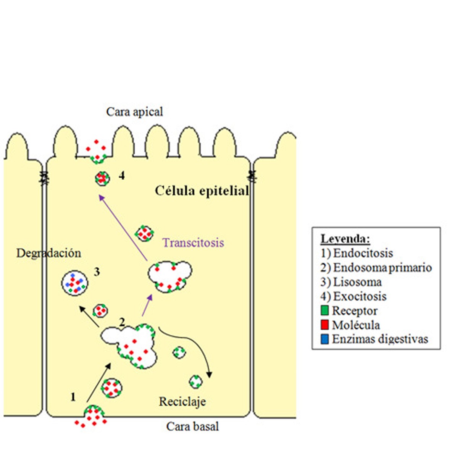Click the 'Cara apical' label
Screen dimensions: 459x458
[x=134, y=112]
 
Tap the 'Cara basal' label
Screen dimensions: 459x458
[x=192, y=427]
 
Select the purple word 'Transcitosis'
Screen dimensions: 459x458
[x=193, y=243]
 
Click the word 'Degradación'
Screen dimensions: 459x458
[x=48, y=253]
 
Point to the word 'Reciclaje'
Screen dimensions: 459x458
[x=182, y=402]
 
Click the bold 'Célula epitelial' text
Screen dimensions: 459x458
[x=202, y=191]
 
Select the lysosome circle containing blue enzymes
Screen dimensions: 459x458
[x=75, y=283]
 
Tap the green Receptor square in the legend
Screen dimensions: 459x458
[x=325, y=310]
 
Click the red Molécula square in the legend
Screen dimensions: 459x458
[x=325, y=325]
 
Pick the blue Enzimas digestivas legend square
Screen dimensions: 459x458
[x=325, y=339]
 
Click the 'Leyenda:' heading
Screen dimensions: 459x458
[x=345, y=239]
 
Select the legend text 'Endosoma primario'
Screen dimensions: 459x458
[x=382, y=268]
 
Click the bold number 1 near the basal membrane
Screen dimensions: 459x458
[x=73, y=398]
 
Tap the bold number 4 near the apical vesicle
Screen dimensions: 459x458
[x=121, y=176]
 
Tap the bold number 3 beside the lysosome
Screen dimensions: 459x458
[x=97, y=272]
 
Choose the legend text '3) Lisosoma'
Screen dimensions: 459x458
[x=351, y=282]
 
